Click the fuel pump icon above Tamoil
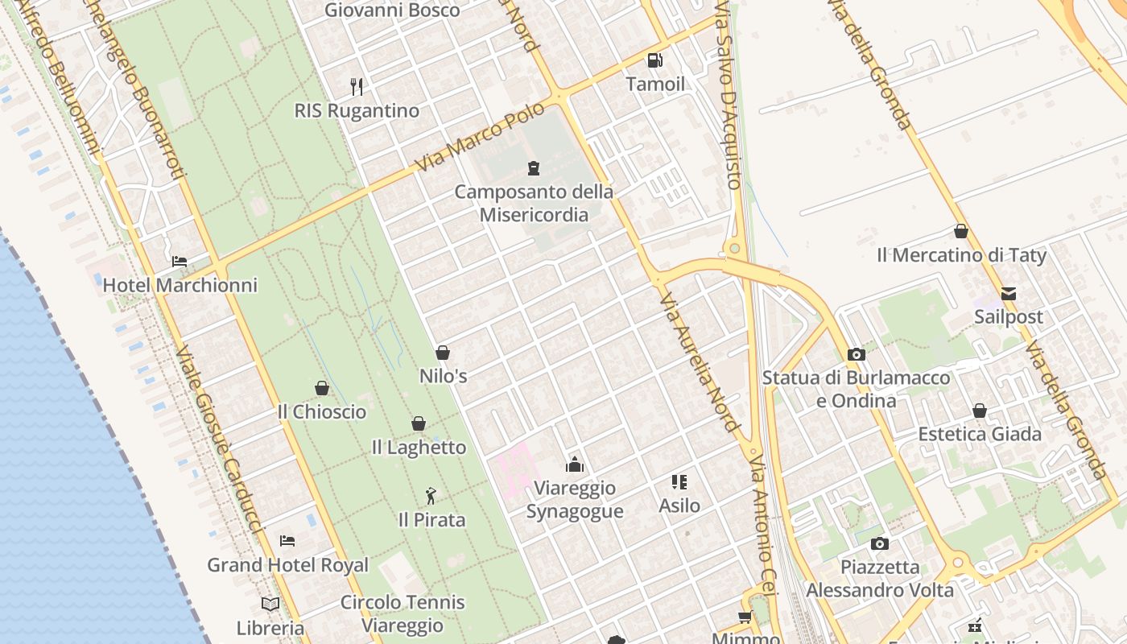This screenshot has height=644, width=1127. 654,60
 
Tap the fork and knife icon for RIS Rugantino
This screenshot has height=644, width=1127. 357,86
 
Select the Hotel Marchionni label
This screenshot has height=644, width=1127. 180,285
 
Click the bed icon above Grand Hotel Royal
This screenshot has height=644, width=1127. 287,541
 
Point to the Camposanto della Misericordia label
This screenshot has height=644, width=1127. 534,204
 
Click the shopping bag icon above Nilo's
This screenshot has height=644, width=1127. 442,353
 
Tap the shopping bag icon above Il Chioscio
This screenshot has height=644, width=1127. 322,389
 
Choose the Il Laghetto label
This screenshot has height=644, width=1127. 419,448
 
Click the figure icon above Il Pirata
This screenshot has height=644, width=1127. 431,496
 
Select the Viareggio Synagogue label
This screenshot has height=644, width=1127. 575,500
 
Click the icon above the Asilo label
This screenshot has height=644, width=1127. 679,482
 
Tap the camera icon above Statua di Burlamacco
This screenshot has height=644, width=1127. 857,354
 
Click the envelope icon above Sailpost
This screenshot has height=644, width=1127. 1009,294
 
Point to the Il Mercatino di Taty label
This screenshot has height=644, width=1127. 961,256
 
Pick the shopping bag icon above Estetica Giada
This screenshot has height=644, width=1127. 980,411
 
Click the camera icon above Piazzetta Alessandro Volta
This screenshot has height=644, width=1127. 880,543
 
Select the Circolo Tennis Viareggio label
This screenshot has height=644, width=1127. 402,613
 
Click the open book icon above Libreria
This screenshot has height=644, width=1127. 270,604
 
